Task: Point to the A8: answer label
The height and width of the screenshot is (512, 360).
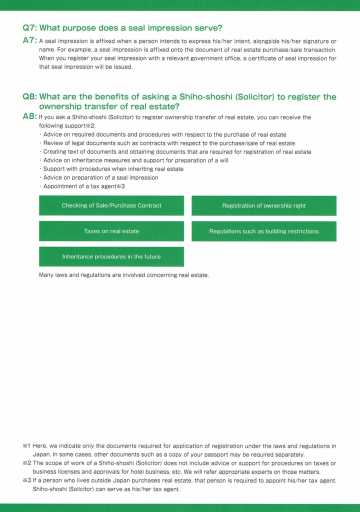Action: pos(29,116)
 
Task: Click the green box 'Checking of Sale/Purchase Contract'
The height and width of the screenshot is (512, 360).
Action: pos(111,205)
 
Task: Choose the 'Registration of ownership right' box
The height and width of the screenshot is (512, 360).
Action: pos(264,205)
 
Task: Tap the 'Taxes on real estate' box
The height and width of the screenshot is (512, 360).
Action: pos(111,231)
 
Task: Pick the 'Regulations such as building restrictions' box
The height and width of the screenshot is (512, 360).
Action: pos(264,231)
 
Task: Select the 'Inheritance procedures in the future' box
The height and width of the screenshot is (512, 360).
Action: pos(111,256)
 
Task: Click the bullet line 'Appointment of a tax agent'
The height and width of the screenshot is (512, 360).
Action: pos(83,186)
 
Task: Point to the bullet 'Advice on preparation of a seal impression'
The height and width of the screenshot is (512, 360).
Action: pos(100,177)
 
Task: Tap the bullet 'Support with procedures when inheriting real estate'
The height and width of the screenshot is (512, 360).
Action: pos(112,169)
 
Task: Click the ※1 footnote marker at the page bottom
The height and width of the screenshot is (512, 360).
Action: pos(26,446)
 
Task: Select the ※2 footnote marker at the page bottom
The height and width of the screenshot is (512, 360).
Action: pos(26,463)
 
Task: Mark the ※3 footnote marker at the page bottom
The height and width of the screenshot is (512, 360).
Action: pos(26,480)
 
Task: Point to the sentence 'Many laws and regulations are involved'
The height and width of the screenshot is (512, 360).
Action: pos(124,275)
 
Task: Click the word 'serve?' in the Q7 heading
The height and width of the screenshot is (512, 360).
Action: pos(209,28)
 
